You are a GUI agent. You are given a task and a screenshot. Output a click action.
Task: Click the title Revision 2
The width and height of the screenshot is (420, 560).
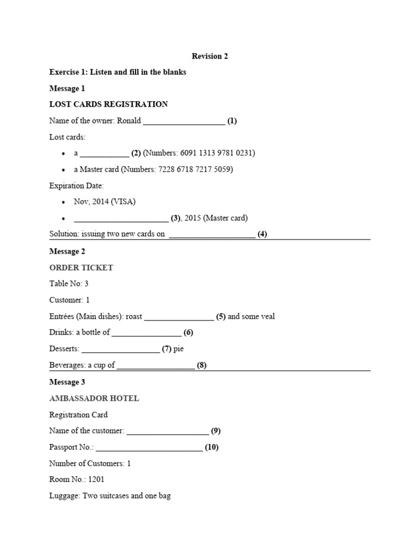coord(210,56)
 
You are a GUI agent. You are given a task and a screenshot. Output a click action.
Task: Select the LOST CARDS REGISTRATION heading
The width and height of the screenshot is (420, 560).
coord(108,104)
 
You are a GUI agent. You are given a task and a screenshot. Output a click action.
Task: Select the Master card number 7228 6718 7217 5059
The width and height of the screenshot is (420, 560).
coord(196,170)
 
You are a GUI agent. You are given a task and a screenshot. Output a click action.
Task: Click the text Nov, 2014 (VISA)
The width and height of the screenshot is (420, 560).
coord(104,202)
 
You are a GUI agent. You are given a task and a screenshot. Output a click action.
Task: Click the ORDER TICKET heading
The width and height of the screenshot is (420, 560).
coord(81,267)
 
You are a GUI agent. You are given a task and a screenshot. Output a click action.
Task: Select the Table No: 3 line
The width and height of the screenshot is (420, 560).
coord(69,284)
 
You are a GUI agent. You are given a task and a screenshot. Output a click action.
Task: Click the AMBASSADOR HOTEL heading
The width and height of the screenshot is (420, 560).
coord(94,398)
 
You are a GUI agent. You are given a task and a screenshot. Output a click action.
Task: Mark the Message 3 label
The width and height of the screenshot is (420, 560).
coord(67,382)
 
